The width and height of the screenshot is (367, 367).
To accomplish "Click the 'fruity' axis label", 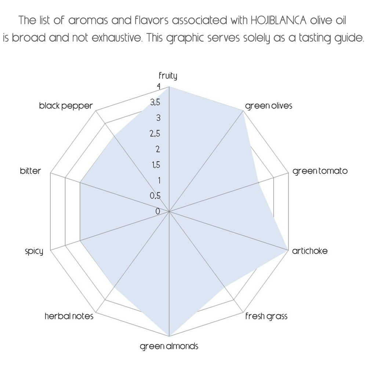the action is tap(168, 76).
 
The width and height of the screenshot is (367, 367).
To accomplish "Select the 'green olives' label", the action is tap(269, 106).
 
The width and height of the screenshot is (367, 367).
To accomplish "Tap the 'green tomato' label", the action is tap(320, 171).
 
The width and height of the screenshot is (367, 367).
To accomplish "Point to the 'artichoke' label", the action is tap(310, 251).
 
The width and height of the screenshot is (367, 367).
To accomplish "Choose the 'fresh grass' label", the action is tap(266, 316).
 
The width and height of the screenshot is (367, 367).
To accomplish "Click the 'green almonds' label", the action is tap(169, 346).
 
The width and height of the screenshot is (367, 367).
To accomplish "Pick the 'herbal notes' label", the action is tap(69, 316).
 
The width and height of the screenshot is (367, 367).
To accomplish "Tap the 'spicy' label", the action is tap(34, 251).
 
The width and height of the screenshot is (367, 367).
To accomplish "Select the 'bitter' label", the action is tap(30, 171).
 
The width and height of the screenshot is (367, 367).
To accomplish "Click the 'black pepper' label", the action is tap(66, 106).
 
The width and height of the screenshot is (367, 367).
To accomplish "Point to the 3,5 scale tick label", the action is tap(155, 102).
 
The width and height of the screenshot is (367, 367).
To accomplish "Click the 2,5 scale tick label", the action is tap(155, 134).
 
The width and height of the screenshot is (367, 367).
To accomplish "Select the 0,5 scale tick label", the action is tap(155, 196).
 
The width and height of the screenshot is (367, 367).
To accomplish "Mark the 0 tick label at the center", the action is tap(158, 211).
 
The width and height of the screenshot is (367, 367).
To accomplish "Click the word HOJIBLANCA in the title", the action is tap(278, 20).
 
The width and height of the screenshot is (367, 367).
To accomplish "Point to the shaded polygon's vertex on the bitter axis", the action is tap(80, 182).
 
